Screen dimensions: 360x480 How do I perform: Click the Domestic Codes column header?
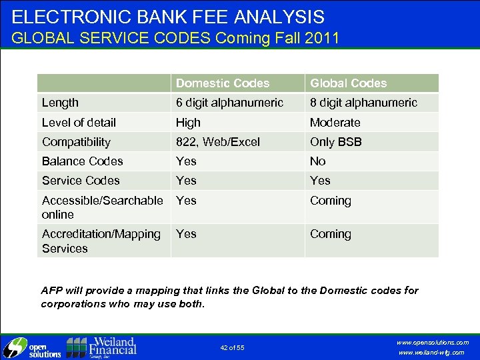coord(223,83)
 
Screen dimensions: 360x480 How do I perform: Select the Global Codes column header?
coord(348,83)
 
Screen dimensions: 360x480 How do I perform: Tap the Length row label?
coord(60,103)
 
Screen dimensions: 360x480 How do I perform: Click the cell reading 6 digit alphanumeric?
coord(229,103)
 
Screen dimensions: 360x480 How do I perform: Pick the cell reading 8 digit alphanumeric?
coord(363,103)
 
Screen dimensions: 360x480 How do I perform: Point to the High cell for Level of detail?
coord(188,123)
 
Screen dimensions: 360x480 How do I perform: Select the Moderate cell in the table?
coord(335,123)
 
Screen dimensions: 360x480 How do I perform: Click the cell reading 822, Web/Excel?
coord(217,142)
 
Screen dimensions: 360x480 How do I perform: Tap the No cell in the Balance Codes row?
coord(317,161)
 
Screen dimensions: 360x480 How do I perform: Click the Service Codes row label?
coord(81,181)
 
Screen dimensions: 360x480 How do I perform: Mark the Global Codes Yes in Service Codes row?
coord(320,181)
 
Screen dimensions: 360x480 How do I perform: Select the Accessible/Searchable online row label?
coord(102,207)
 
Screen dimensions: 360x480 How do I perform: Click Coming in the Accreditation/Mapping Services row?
coord(330,234)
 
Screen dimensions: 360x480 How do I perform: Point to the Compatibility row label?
coord(76,142)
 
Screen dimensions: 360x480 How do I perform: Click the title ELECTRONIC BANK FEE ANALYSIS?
coord(168,17)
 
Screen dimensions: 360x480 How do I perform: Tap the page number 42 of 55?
coord(232,348)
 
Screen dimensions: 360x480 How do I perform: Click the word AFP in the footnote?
coord(52,291)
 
